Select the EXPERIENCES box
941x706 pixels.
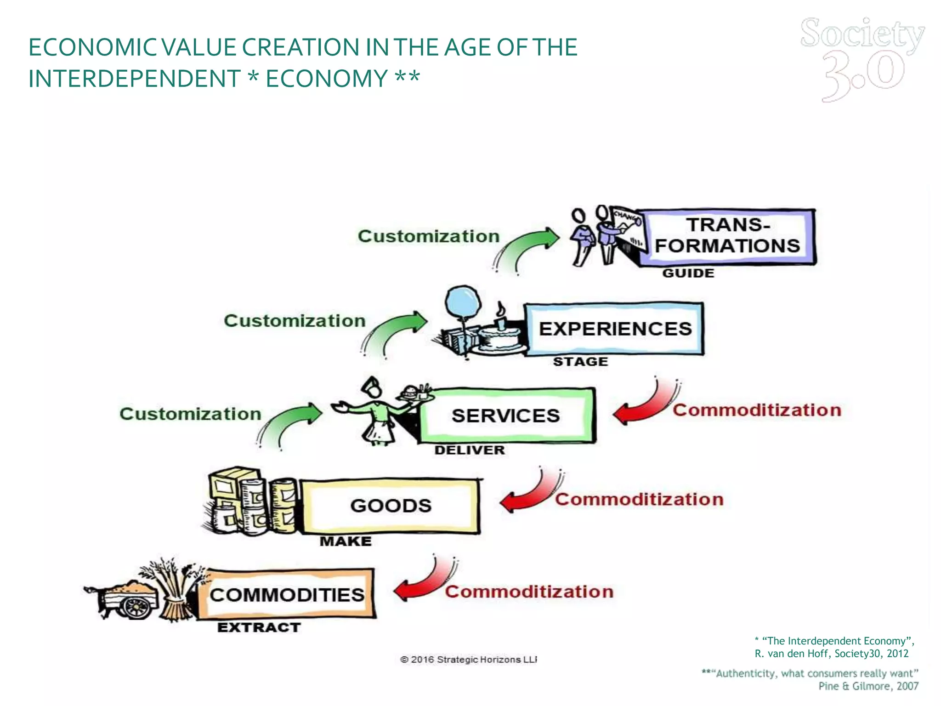[615, 329]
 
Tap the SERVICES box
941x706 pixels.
[506, 416]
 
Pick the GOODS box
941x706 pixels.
[391, 506]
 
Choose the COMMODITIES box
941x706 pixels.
[287, 595]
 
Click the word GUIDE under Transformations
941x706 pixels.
[688, 273]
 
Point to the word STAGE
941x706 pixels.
[580, 362]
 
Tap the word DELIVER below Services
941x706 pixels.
[470, 450]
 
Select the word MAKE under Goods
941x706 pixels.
[346, 541]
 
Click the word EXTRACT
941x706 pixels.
[259, 627]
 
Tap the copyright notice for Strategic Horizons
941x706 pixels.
[468, 660]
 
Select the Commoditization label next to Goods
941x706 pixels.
[639, 499]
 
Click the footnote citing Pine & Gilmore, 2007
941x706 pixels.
[811, 679]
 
